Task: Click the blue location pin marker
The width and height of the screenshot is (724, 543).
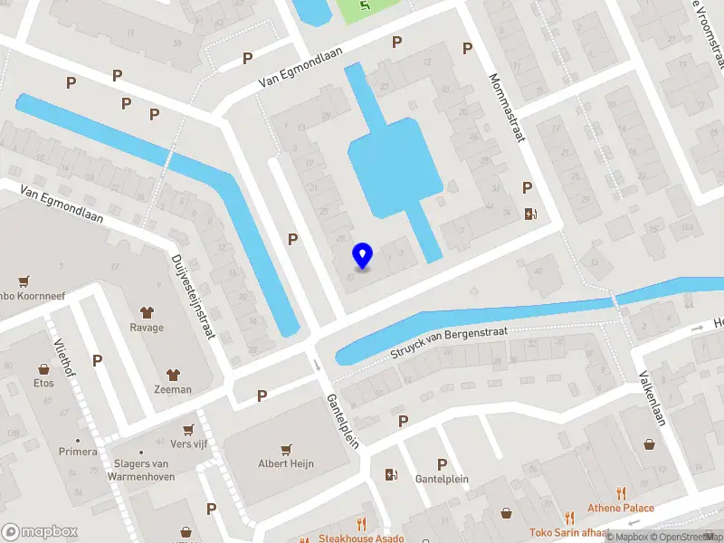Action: (363, 255)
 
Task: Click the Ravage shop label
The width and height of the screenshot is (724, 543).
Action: (147, 328)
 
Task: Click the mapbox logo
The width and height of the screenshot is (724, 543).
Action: (39, 531)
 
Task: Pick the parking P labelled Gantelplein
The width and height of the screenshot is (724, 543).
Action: (443, 463)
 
